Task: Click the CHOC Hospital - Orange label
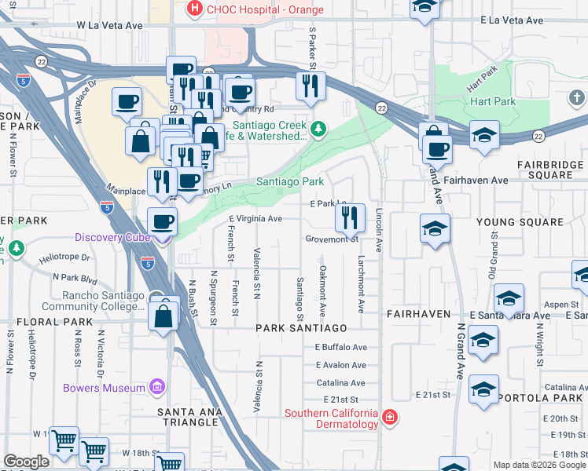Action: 254,9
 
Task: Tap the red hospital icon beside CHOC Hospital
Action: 193,9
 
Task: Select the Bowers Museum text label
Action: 105,388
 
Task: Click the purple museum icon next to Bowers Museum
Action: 156,387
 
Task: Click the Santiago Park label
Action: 290,181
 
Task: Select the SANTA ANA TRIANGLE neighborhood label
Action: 188,412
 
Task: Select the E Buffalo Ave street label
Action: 341,347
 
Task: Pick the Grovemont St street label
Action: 332,239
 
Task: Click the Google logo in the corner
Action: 26,462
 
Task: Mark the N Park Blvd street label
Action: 75,277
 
